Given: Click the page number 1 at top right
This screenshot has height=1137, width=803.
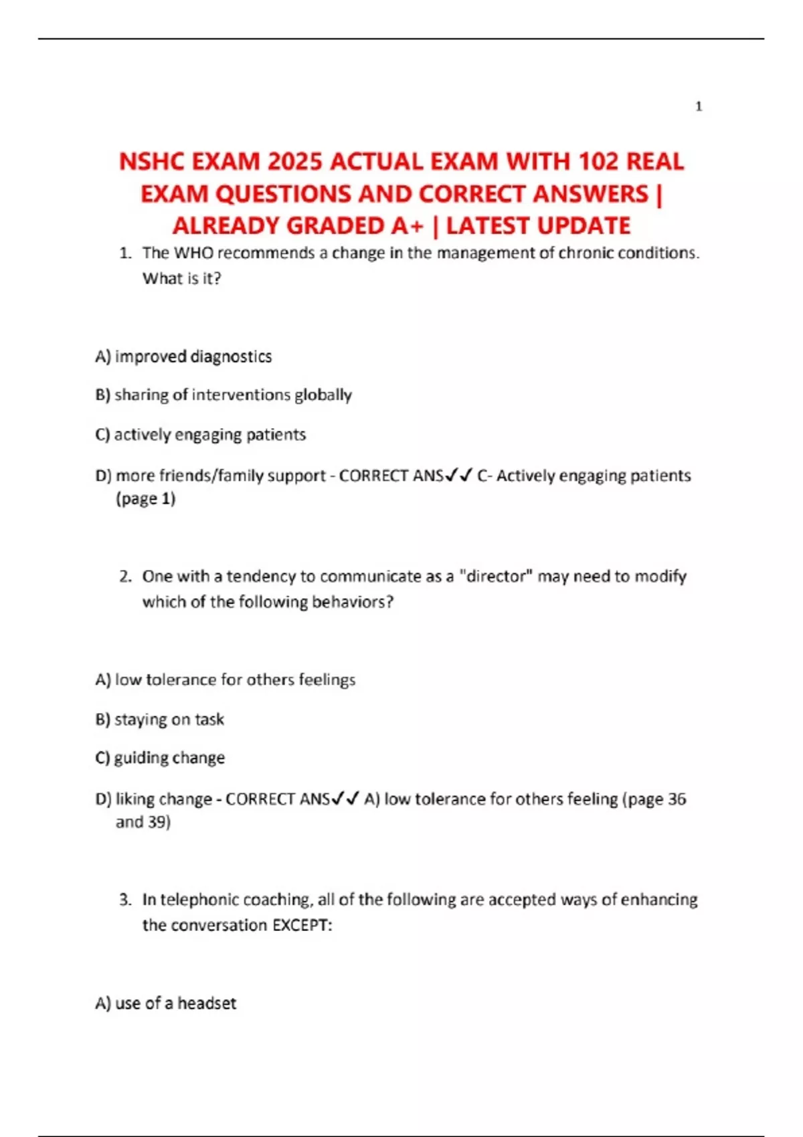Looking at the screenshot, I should click(699, 106).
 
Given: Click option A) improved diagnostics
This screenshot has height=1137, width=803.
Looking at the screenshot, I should click(183, 356).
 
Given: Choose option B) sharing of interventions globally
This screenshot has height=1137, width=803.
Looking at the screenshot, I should click(224, 395).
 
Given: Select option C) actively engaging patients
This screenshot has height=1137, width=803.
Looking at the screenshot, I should click(201, 435).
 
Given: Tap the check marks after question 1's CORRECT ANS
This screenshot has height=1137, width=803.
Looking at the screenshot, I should click(459, 476).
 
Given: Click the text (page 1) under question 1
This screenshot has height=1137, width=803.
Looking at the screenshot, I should click(145, 499).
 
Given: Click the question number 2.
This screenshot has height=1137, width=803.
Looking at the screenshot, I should click(125, 577).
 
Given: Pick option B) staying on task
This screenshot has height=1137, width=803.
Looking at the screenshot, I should click(160, 720).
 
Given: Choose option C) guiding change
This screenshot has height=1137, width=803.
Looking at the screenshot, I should click(161, 758).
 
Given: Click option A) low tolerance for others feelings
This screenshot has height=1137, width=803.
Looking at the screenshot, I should click(226, 680).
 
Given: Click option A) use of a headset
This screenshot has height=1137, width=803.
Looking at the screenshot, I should click(166, 1003).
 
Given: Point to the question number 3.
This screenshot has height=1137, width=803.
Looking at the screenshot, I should click(125, 900).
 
